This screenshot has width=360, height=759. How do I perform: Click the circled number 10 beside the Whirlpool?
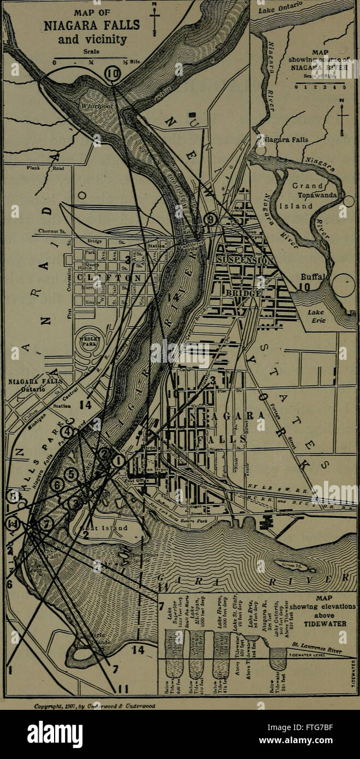pyautogui.click(x=113, y=73)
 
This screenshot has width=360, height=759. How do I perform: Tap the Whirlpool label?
pyautogui.click(x=97, y=105)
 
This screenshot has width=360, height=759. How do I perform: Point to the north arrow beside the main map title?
pyautogui.click(x=155, y=20)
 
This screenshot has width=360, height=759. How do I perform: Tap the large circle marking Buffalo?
pyautogui.click(x=344, y=285)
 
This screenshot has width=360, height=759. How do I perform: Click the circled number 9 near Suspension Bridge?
pyautogui.click(x=211, y=220)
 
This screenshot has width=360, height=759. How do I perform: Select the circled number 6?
pyautogui.click(x=56, y=484)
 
